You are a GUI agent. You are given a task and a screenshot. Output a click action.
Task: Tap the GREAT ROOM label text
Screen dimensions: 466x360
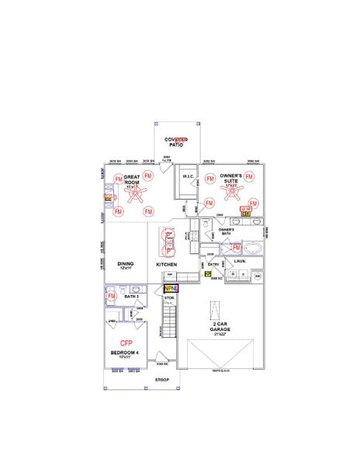click(x=131, y=180)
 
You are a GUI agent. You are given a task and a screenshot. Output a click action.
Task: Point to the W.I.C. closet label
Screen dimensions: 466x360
click(x=188, y=177)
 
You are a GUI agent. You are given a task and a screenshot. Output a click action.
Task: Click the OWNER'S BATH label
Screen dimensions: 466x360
click(x=227, y=231)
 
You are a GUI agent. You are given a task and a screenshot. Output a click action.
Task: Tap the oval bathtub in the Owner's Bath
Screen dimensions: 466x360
click(x=254, y=249)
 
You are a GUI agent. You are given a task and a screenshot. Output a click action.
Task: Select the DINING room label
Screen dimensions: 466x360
click(x=126, y=265)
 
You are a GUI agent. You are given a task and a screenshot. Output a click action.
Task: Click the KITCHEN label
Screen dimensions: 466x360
click(x=167, y=265)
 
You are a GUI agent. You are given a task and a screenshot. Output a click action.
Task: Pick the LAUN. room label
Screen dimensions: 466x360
click(x=240, y=262)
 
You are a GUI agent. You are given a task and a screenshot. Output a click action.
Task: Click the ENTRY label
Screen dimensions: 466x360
click(x=213, y=265)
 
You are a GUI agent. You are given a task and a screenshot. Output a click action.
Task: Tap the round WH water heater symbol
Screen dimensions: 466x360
click(x=258, y=276)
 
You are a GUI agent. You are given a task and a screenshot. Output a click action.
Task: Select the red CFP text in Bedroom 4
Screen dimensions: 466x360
click(x=126, y=343)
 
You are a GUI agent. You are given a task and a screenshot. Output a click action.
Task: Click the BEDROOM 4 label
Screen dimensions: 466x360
click(x=126, y=353)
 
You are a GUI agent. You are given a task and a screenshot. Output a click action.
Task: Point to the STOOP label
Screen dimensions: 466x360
click(x=161, y=380)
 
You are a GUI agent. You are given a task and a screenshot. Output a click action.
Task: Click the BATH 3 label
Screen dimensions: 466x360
click(x=132, y=296)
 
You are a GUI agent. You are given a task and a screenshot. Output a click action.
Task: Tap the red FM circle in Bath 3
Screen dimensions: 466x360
click(x=111, y=296)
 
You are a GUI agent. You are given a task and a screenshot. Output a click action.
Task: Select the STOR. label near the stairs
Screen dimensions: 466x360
click(x=169, y=296)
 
